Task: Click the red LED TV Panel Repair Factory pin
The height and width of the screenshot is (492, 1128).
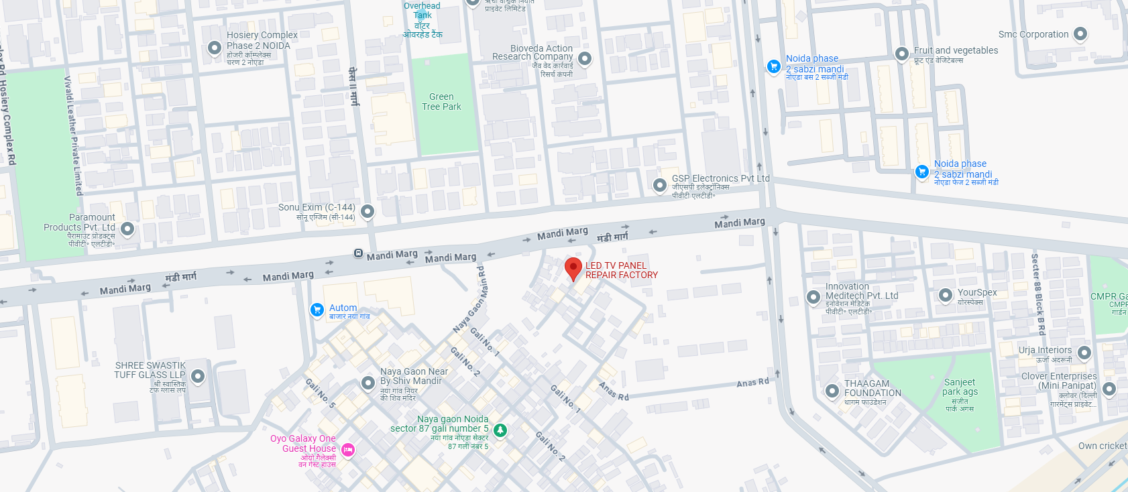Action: coord(573,268)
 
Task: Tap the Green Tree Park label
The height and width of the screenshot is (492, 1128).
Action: coord(441,102)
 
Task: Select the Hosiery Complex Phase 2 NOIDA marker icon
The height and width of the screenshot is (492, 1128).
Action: coord(214,48)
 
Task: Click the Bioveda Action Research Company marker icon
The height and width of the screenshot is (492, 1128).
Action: coord(585,58)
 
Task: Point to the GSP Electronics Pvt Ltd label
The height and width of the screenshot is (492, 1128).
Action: coord(720,179)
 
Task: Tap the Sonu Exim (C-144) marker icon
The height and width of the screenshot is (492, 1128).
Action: coord(367,211)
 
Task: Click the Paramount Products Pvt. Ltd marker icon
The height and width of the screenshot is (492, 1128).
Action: coord(127,229)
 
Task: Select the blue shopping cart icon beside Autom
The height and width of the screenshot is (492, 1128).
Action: coord(317,309)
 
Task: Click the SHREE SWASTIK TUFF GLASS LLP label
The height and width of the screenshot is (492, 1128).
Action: coord(150,370)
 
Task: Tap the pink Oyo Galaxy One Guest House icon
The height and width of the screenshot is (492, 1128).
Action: coord(348,450)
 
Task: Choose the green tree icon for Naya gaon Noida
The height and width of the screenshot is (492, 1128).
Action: coord(500,429)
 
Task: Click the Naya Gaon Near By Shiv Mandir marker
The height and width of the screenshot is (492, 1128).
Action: coord(368,383)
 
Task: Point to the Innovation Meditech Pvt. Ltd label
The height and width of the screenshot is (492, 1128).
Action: coord(861,291)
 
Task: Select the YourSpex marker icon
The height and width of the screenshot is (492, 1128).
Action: coord(945,294)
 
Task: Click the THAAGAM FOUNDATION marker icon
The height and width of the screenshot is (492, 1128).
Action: coord(832,391)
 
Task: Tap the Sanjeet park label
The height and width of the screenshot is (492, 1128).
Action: coord(960,387)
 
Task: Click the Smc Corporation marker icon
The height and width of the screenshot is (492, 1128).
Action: coord(1080,34)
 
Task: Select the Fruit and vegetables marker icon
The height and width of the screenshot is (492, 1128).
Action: coord(902,53)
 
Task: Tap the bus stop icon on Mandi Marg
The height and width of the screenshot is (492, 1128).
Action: coord(358,253)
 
